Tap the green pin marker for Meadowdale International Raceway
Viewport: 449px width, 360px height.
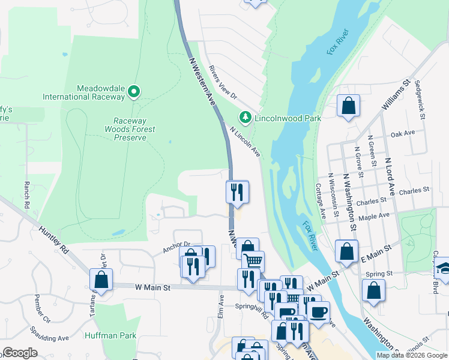pyautogui.click(x=134, y=92)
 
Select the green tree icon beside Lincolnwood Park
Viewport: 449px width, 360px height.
pyautogui.click(x=244, y=118)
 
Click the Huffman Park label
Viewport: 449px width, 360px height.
pyautogui.click(x=110, y=336)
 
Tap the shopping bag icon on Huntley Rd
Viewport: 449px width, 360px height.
pyautogui.click(x=101, y=280)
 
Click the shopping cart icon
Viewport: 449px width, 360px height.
pyautogui.click(x=253, y=261)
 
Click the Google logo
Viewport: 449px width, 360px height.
pyautogui.click(x=20, y=353)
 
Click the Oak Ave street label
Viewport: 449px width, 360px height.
pyautogui.click(x=402, y=134)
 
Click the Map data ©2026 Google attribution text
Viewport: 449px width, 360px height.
pyautogui.click(x=411, y=355)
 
